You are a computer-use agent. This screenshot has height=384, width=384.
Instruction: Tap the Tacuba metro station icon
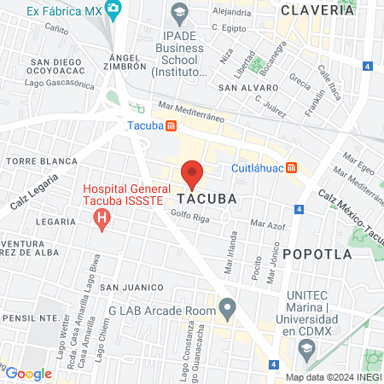172,126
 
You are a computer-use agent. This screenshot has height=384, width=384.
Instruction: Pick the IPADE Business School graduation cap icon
179,13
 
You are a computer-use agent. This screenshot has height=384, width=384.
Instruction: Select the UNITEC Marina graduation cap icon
306,347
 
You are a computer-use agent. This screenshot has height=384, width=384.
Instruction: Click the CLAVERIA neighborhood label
317,10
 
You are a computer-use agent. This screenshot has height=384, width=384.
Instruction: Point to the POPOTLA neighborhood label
317,253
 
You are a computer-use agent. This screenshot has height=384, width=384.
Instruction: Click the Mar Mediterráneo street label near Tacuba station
191,109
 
